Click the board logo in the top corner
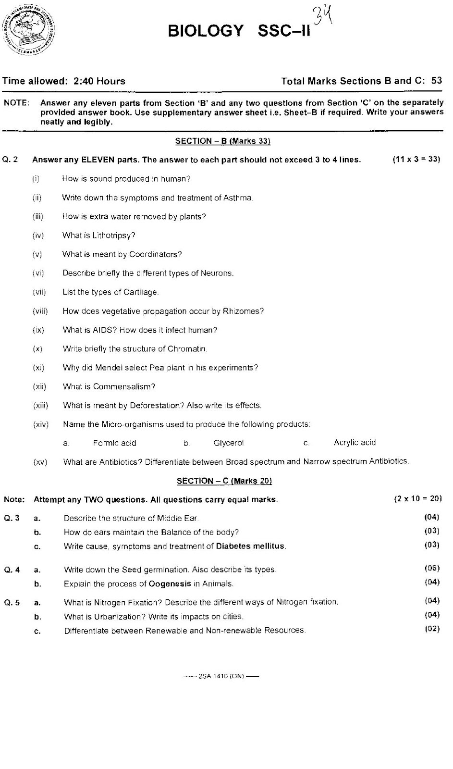(x=29, y=30)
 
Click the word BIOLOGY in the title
(x=206, y=31)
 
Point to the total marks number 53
(x=436, y=81)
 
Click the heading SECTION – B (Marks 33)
(x=223, y=141)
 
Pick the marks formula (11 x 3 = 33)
(x=416, y=159)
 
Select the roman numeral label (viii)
(x=40, y=311)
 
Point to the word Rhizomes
(x=243, y=311)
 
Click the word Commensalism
(x=124, y=386)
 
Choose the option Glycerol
(x=229, y=443)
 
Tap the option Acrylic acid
(x=355, y=442)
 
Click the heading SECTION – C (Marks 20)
(x=224, y=481)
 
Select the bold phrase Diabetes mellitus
(x=250, y=546)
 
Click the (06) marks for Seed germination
(x=432, y=568)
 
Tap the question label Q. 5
(x=12, y=602)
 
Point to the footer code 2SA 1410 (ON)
(x=221, y=676)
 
